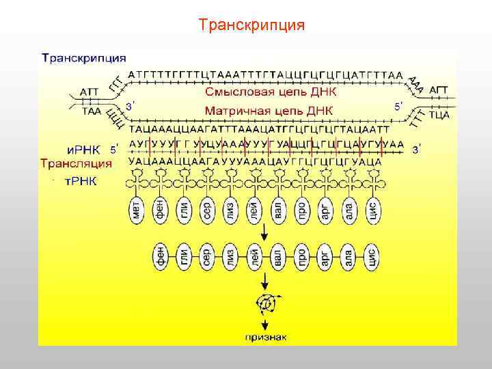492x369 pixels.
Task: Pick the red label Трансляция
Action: click(76, 163)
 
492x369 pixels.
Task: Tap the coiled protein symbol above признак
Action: click(264, 302)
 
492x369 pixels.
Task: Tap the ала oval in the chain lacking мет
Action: click(348, 258)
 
